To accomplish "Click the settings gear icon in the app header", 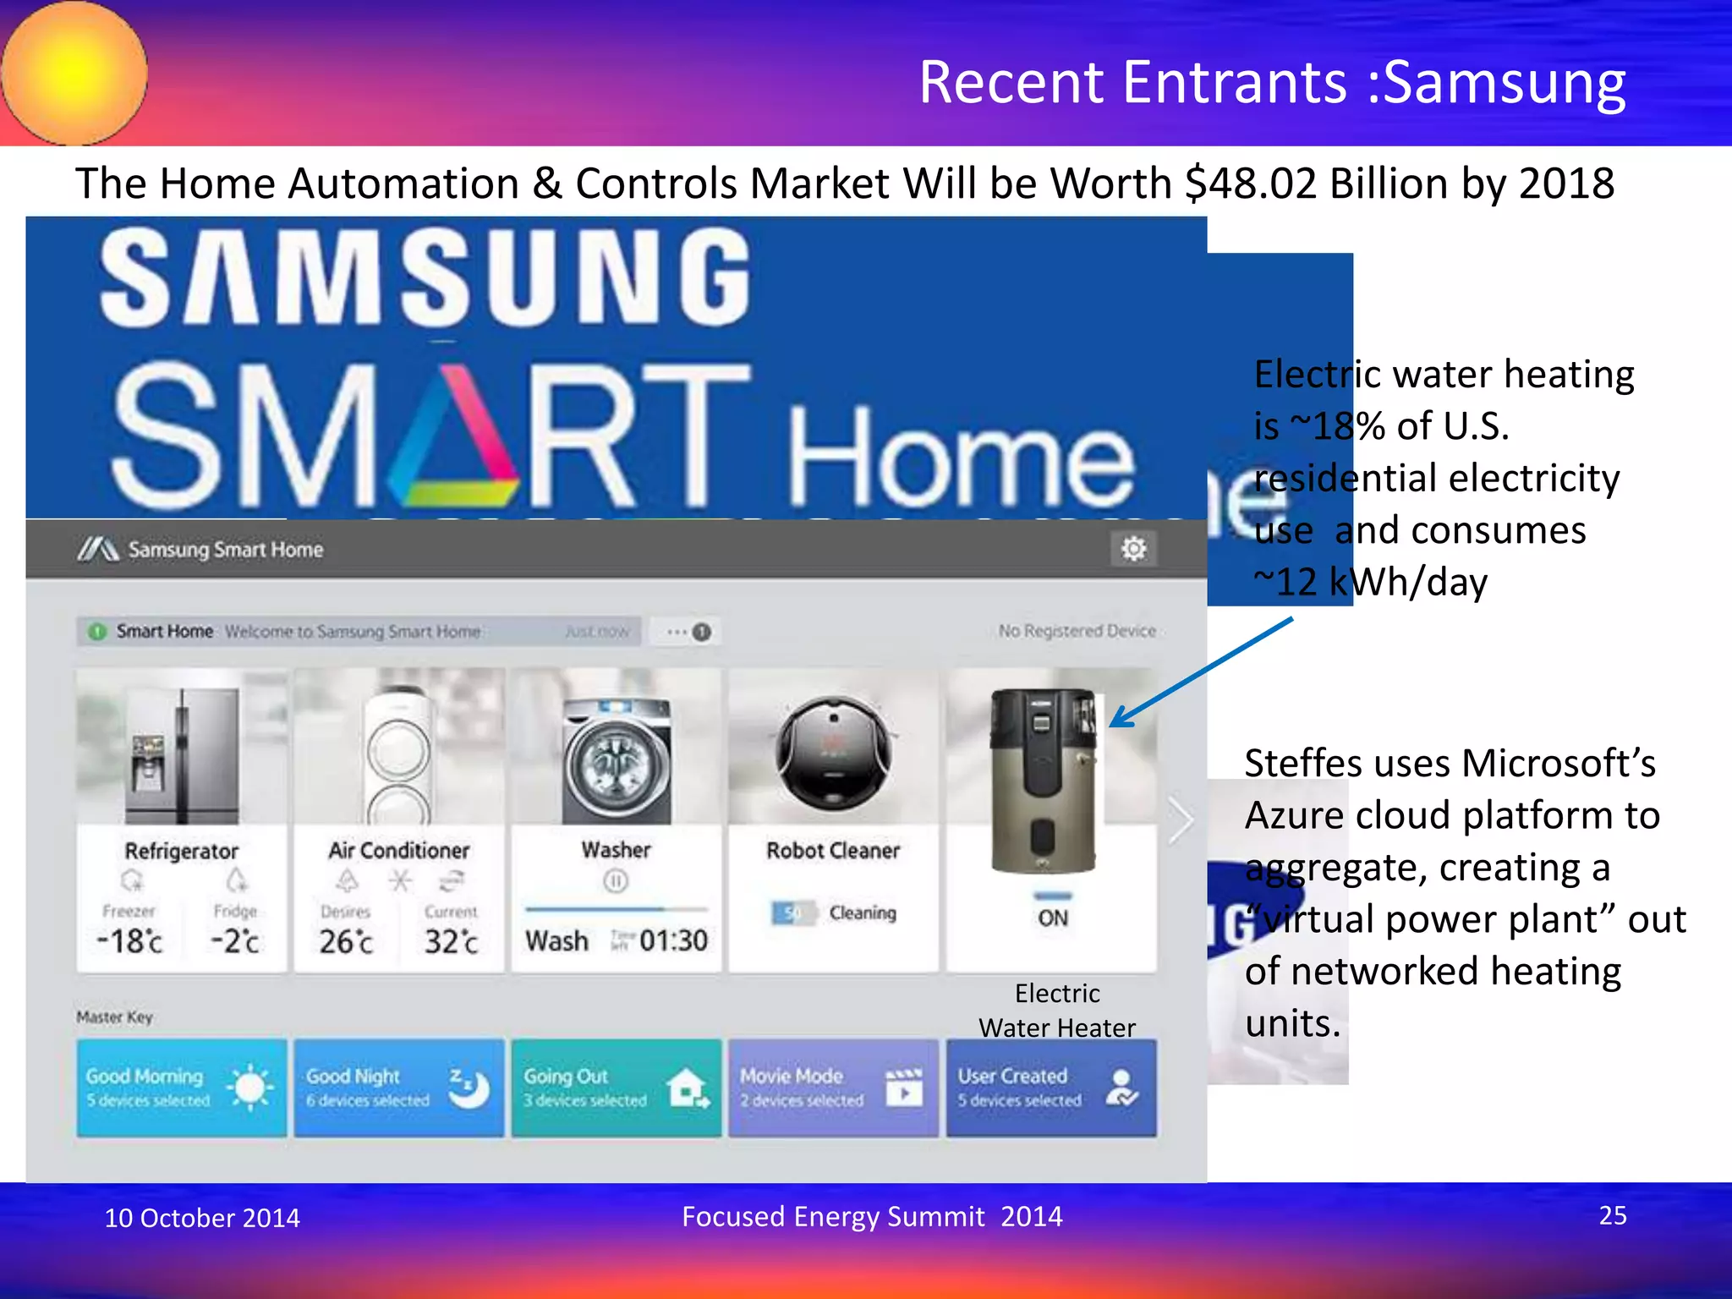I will tap(1133, 549).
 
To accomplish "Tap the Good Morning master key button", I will tap(181, 1088).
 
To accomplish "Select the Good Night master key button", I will tap(398, 1088).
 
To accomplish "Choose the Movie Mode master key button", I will tap(833, 1088).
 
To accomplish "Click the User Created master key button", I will tap(1050, 1088).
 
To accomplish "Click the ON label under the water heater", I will tap(1053, 918).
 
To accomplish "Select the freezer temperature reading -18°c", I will tap(129, 940).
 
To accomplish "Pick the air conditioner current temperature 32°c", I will tap(451, 941).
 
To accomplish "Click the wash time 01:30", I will tap(673, 940).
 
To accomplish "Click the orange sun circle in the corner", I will tap(74, 73).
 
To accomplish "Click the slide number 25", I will tap(1612, 1215).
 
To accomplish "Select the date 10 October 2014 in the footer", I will tap(202, 1218).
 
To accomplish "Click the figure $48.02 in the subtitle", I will tap(1251, 184).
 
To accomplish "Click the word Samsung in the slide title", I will tap(1505, 83).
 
